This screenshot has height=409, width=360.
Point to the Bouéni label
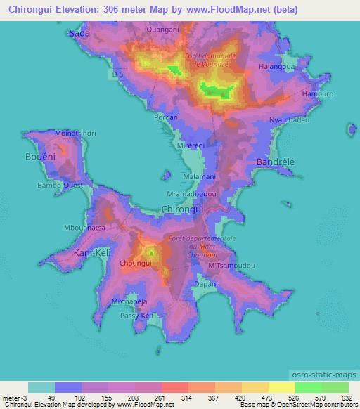point(39,156)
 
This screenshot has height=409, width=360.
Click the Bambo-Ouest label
point(60,186)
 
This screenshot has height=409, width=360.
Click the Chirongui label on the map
point(183,209)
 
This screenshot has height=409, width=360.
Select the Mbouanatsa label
point(84,228)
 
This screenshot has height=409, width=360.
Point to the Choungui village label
point(136,263)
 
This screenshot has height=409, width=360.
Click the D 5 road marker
point(118,72)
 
